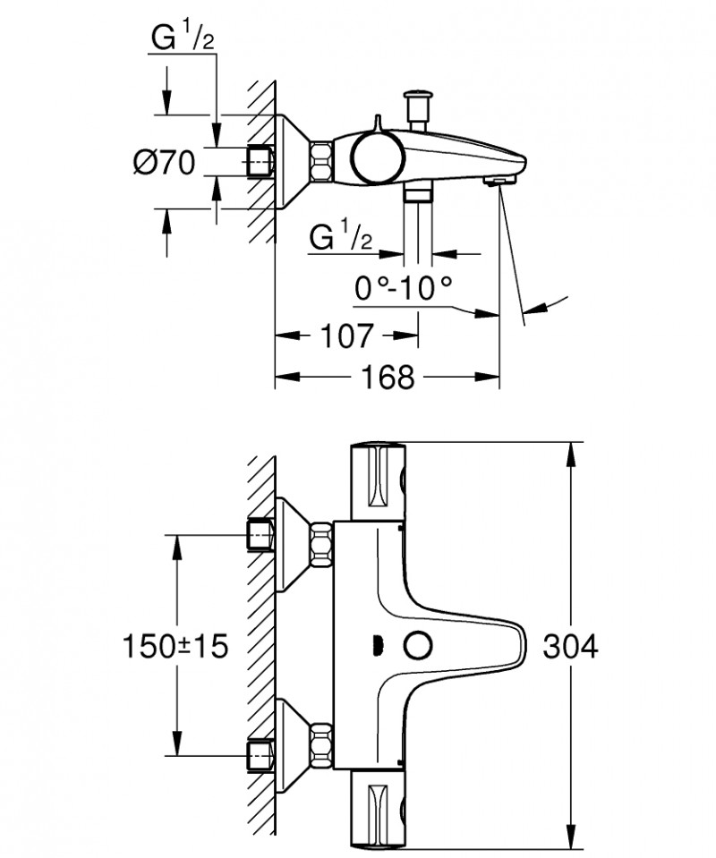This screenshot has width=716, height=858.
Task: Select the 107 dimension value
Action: (344, 336)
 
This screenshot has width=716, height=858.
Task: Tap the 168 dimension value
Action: (390, 377)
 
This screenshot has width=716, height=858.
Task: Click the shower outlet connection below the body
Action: (416, 193)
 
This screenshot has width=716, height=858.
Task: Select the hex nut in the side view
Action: (321, 162)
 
